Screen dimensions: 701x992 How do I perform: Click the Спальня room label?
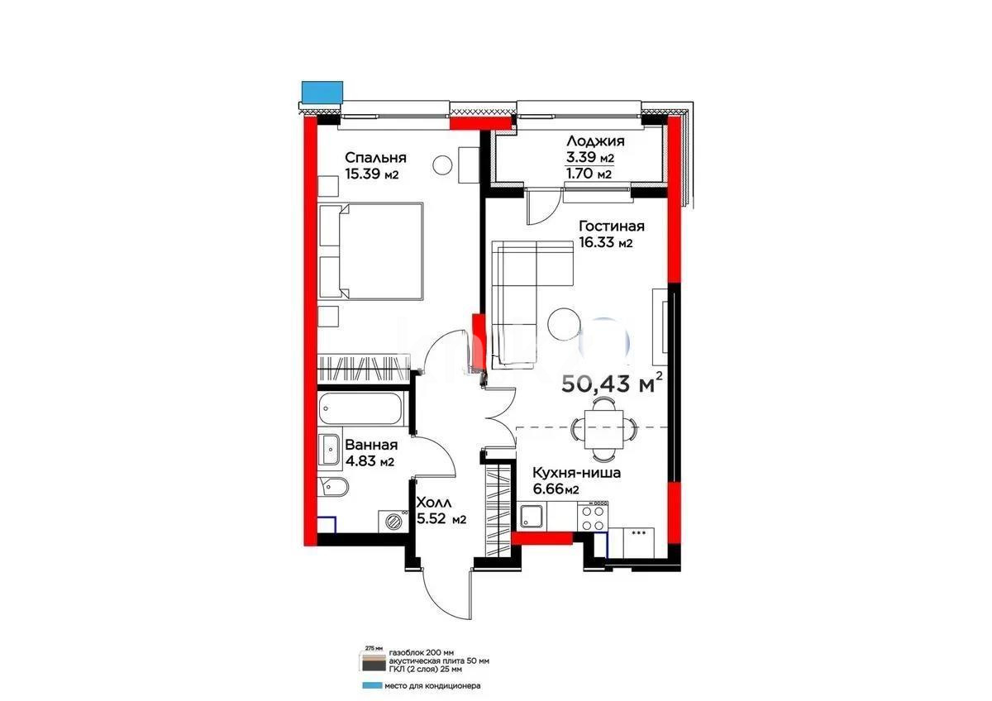pyautogui.click(x=375, y=158)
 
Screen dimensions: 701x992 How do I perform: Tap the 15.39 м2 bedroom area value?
pyautogui.click(x=372, y=174)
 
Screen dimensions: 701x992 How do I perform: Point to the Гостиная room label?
pyautogui.click(x=611, y=227)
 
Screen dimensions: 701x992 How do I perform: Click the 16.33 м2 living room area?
pyautogui.click(x=605, y=243)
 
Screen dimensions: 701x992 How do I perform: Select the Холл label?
pyautogui.click(x=432, y=503)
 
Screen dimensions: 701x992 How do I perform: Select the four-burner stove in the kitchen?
pyautogui.click(x=592, y=517)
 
